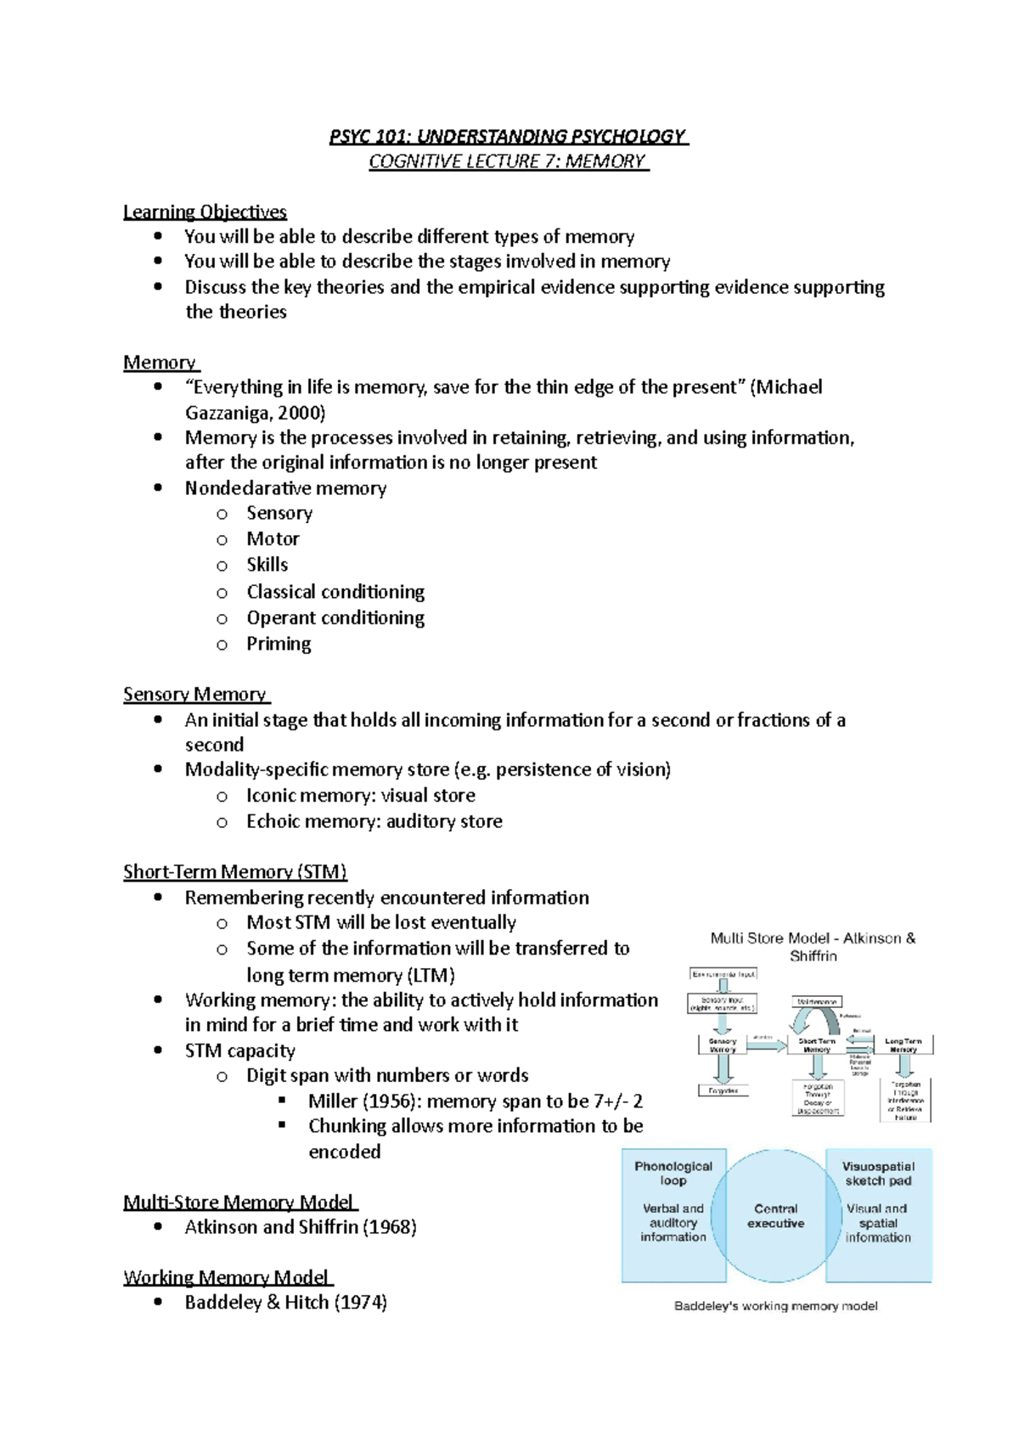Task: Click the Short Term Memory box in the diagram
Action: tap(816, 1045)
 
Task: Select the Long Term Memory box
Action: tap(903, 1045)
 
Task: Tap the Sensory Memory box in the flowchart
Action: tap(723, 1045)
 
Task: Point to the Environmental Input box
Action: tap(723, 974)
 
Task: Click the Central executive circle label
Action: tap(775, 1216)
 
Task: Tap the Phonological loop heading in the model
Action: tap(673, 1173)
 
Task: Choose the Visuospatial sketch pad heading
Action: tap(878, 1173)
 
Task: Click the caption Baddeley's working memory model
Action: tap(775, 1306)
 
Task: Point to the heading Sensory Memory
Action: tap(194, 695)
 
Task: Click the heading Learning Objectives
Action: tap(205, 211)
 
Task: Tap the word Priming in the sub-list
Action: tap(279, 644)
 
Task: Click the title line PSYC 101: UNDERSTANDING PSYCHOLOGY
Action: tap(508, 137)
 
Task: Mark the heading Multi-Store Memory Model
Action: tap(239, 1203)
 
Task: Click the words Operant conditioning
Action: tap(335, 618)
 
